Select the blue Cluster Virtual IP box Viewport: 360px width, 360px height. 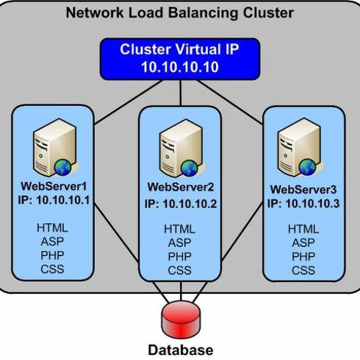point(179,58)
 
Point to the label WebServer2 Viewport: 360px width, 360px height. point(179,189)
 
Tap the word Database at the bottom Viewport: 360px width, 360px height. point(180,351)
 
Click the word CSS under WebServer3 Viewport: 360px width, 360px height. point(303,270)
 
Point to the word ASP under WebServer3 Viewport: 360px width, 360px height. point(303,243)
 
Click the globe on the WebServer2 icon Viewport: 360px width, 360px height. point(189,168)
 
